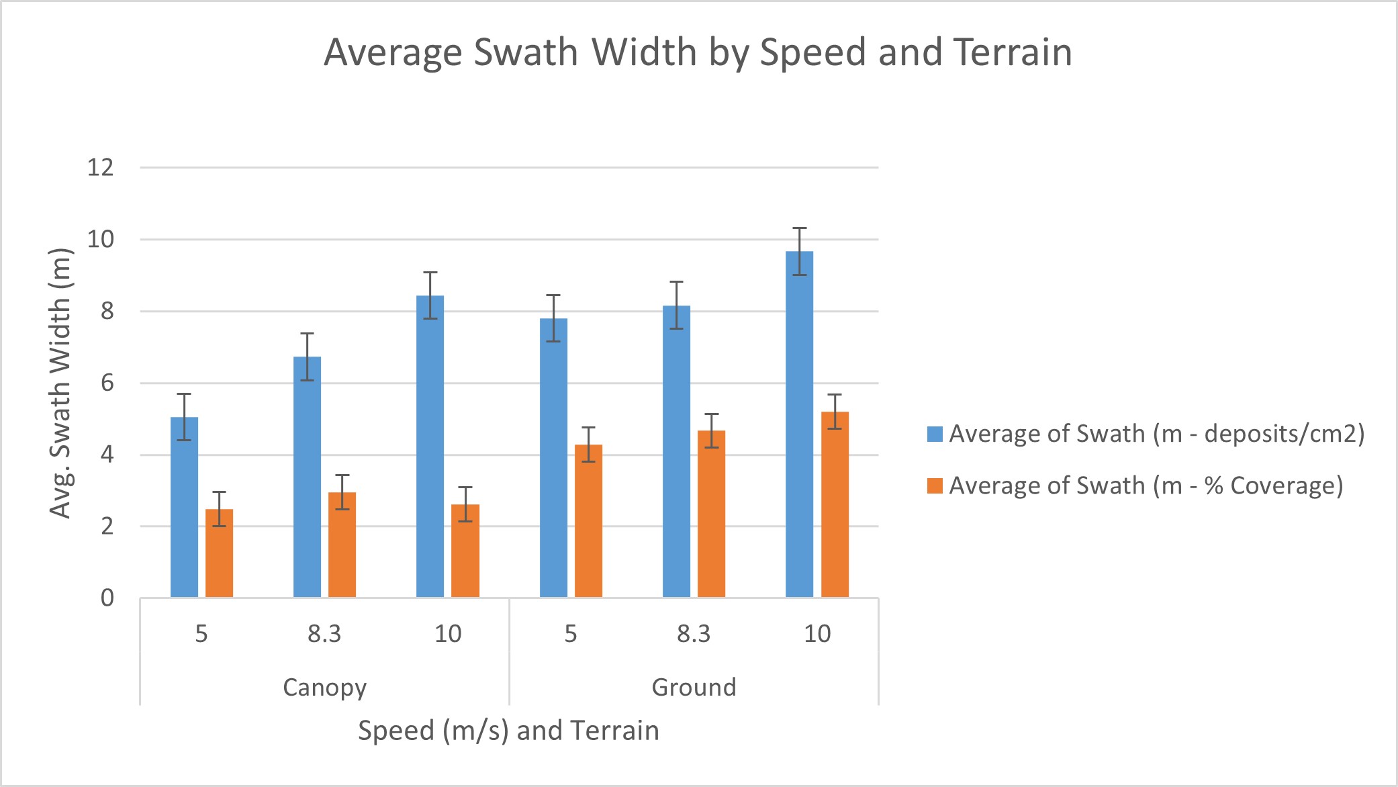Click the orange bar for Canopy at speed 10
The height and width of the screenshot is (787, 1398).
pos(465,551)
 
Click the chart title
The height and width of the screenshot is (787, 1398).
pos(698,52)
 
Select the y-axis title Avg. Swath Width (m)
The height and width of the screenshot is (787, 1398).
pos(60,383)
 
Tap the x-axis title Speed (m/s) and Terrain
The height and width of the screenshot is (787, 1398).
pos(508,730)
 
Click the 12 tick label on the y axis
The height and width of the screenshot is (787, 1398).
pos(101,167)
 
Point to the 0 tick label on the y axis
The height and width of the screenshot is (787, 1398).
pos(107,598)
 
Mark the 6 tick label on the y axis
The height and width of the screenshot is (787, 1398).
pos(107,383)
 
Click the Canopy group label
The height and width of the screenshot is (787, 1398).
pos(324,687)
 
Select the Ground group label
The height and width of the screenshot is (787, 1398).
pos(694,687)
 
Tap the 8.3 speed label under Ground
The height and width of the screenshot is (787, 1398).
pos(694,633)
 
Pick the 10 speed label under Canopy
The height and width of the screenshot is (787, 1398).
pos(448,633)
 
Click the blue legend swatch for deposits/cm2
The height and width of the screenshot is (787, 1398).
pos(935,434)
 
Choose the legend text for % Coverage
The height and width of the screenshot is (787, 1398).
pos(1146,485)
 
